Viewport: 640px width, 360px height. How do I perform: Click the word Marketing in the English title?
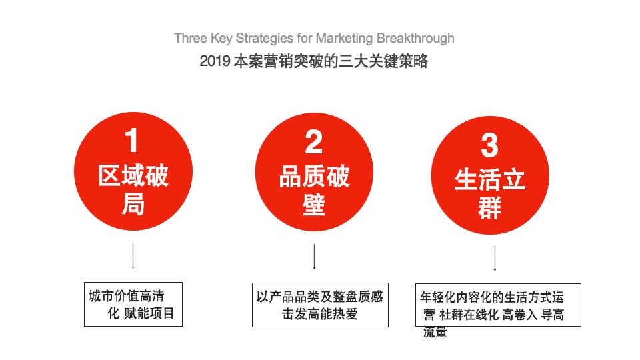344,39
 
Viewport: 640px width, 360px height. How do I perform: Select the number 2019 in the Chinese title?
215,61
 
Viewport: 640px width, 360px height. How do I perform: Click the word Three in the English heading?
191,38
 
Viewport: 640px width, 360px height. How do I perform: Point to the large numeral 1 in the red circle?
131,140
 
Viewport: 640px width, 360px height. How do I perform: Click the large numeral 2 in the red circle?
313,142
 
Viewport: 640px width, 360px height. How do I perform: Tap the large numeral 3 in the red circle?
489,145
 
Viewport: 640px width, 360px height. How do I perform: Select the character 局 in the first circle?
133,204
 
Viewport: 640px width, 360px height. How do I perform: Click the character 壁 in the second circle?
314,205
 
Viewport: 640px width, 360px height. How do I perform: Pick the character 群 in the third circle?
490,208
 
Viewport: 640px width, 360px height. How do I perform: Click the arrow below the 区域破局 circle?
133,256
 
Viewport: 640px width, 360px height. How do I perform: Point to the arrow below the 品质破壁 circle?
314,257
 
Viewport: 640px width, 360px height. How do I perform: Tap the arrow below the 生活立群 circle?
495,259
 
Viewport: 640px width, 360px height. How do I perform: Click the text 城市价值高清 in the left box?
127,296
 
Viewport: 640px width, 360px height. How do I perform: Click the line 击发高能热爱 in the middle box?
320,314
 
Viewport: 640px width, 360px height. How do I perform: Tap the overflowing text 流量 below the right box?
435,332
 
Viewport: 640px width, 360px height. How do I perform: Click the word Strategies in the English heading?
265,39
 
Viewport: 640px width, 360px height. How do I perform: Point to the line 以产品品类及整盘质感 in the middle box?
320,297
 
